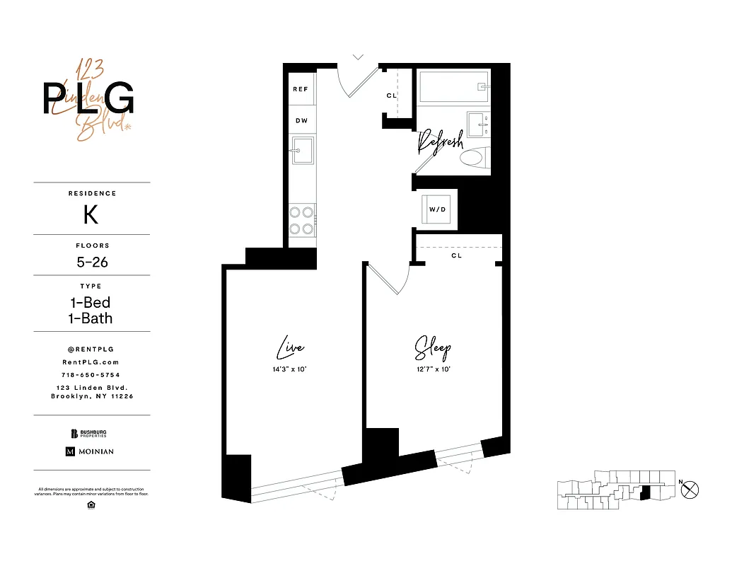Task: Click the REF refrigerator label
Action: (x=301, y=89)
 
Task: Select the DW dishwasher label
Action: (x=301, y=121)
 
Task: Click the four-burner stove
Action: (x=303, y=219)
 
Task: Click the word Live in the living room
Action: (x=290, y=348)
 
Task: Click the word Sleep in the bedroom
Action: (x=432, y=348)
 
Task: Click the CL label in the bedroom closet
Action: (x=456, y=255)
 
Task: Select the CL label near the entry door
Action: (x=391, y=96)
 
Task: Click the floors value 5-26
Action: (x=92, y=262)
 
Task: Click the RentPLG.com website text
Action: (x=92, y=362)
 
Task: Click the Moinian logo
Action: (x=90, y=451)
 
